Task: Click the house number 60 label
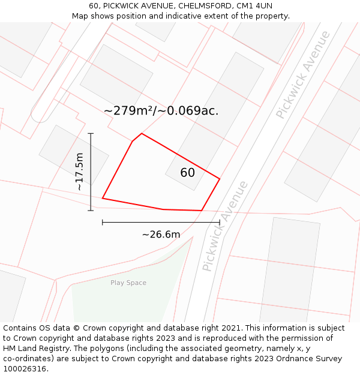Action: [x=187, y=173]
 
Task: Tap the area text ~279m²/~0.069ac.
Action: [x=161, y=111]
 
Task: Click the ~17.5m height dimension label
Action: [x=80, y=172]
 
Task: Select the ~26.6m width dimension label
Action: [x=161, y=235]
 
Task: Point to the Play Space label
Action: [x=128, y=283]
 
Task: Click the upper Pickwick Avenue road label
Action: [x=303, y=74]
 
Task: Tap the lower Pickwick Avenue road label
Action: [x=225, y=225]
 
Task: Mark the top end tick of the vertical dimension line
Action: [x=91, y=133]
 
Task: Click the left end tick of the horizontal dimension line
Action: [x=103, y=222]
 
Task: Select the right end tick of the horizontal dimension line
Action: [x=220, y=222]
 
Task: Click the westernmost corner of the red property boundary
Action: [x=103, y=198]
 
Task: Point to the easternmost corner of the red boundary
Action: [x=220, y=179]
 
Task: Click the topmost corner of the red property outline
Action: [x=142, y=133]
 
